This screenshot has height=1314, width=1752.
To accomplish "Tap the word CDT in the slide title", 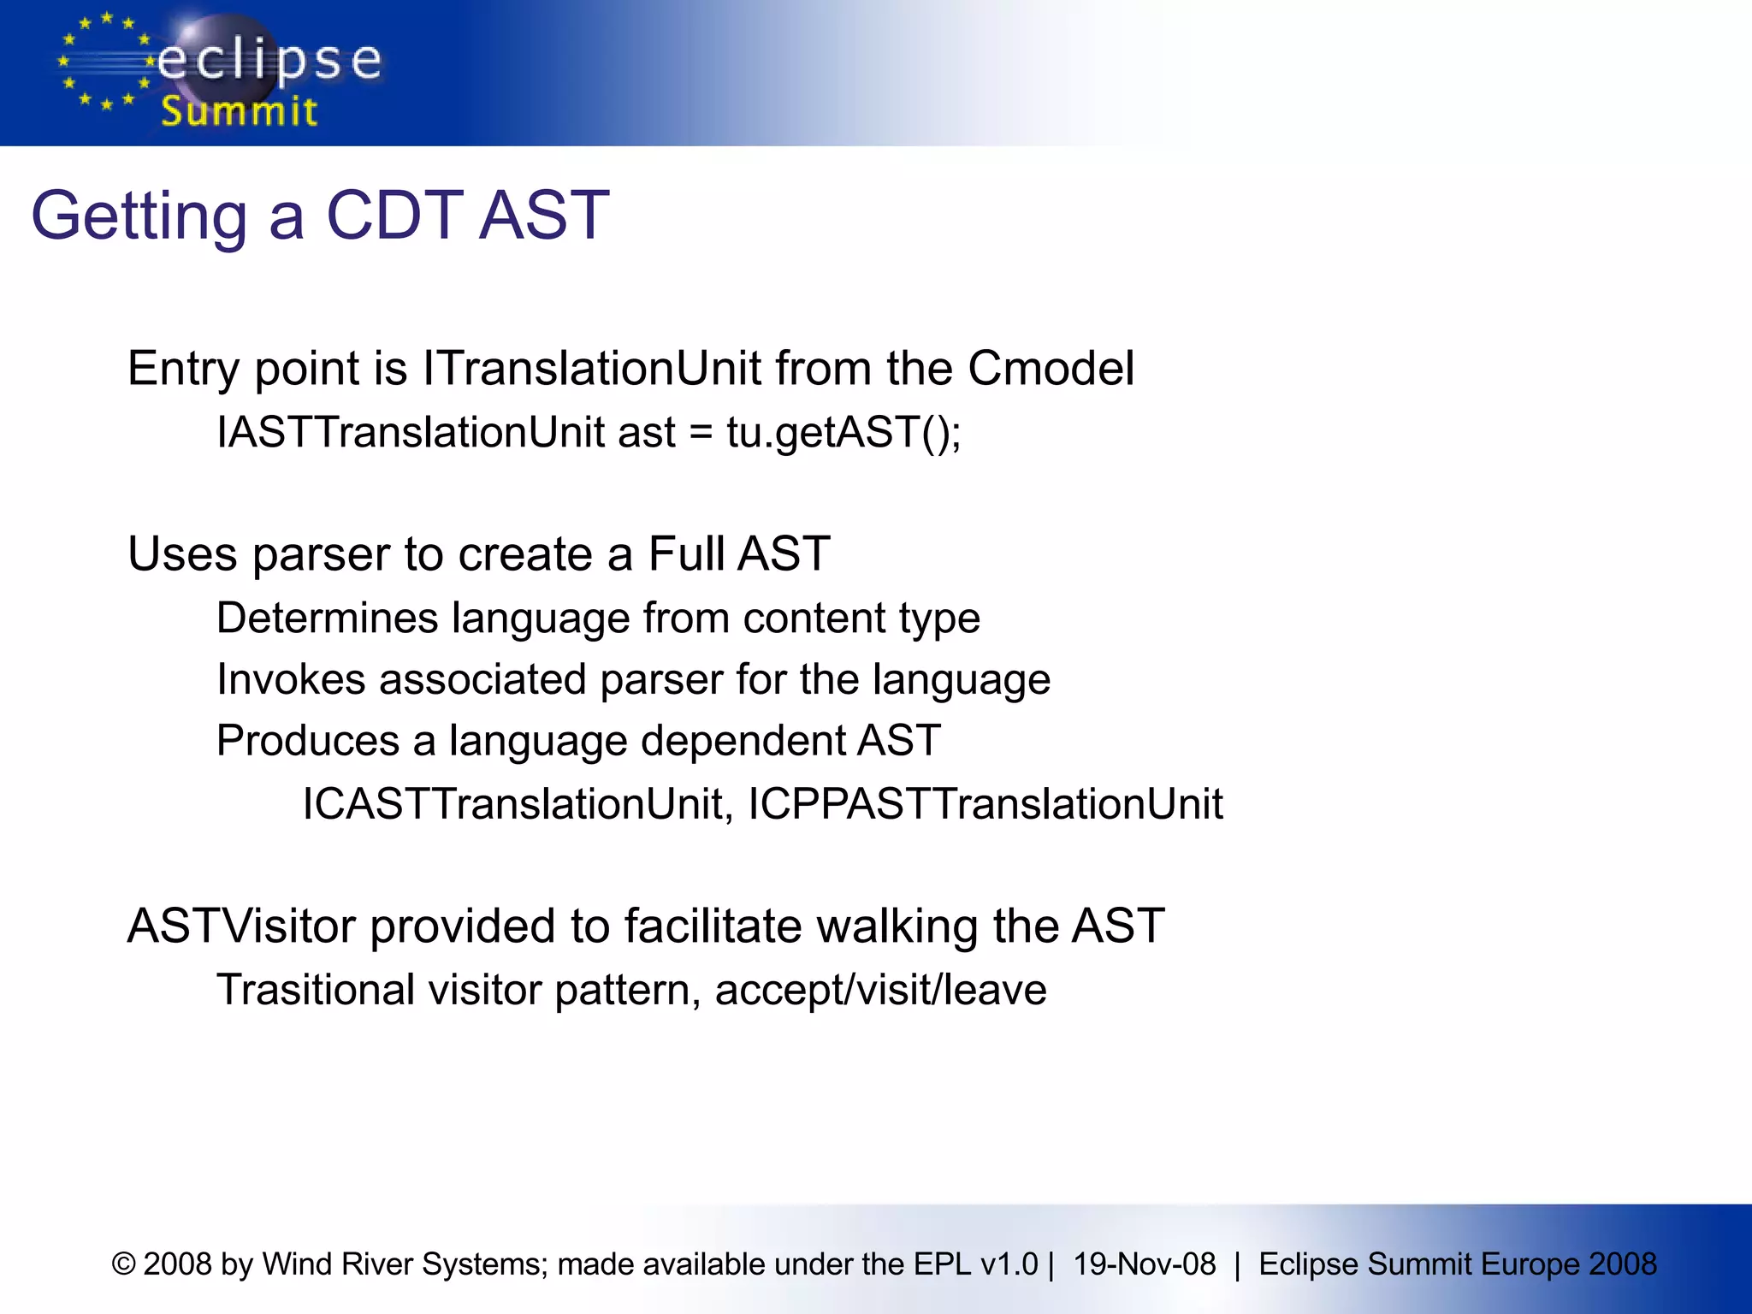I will [x=394, y=216].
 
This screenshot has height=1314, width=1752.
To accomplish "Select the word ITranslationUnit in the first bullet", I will [x=591, y=369].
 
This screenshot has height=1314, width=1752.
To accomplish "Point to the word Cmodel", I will [x=1051, y=369].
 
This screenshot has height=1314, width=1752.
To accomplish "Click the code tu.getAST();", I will [x=843, y=432].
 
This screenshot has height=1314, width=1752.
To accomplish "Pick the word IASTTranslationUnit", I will [x=411, y=432].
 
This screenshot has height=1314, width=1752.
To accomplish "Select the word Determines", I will [x=327, y=618].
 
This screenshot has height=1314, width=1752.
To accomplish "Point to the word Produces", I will [x=307, y=741].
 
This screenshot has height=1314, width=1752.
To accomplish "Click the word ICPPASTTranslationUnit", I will [x=985, y=804].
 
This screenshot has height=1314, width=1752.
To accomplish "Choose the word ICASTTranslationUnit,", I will [x=518, y=804].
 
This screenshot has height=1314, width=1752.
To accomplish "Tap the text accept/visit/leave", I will [x=880, y=991].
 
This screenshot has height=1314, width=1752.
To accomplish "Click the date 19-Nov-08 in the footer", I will [x=1144, y=1264].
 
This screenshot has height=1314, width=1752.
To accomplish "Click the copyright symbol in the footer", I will [x=124, y=1264].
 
